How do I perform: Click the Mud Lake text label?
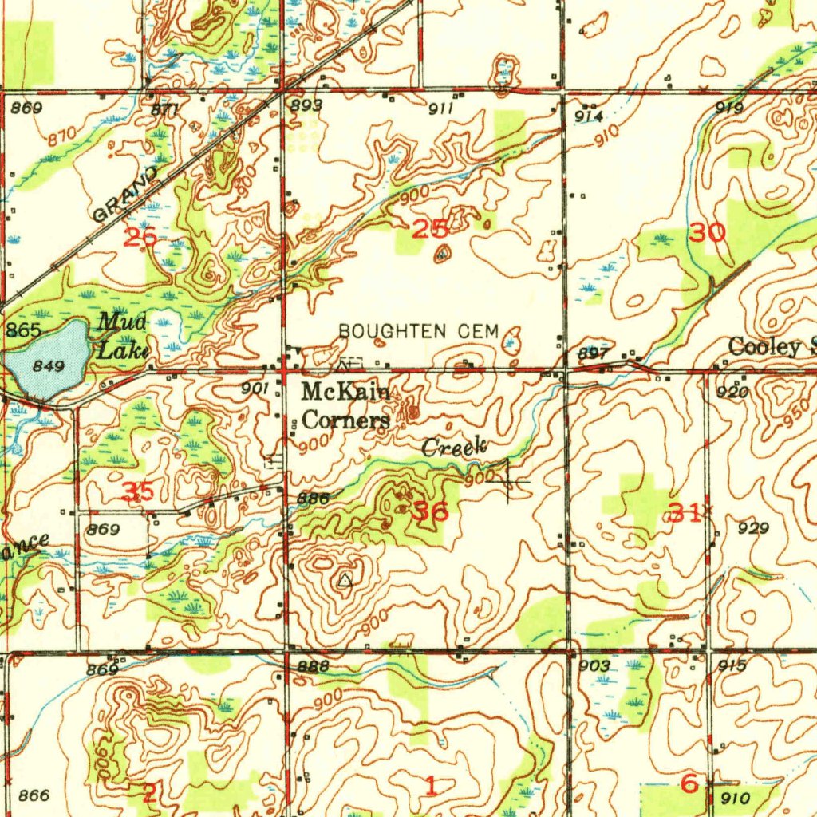pos(122,336)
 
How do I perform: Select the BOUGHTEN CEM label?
pos(418,330)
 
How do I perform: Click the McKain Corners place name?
pos(345,405)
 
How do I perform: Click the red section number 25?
pos(430,231)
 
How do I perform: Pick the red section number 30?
pos(708,233)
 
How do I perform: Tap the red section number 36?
pos(430,511)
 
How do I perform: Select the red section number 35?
pos(139,491)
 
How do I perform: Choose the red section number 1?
pos(431,787)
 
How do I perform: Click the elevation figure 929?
pos(753,528)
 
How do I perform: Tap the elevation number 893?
pos(307,105)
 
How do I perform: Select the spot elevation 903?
pos(594,666)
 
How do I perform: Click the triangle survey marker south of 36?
pos(345,580)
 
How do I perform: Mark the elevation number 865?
pos(23,330)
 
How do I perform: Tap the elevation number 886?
pos(313,499)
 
